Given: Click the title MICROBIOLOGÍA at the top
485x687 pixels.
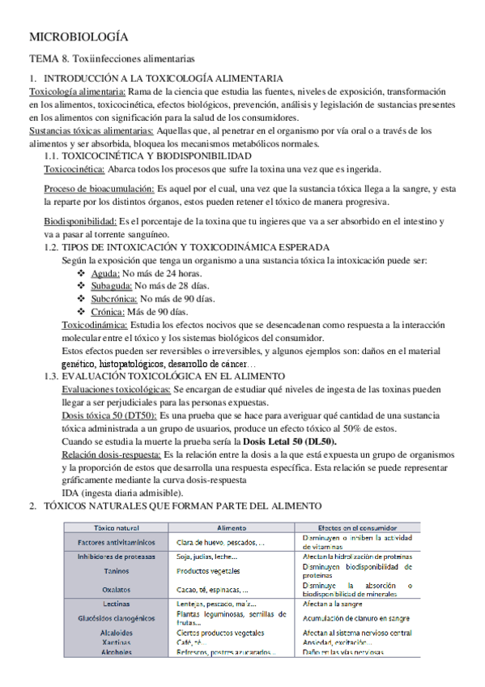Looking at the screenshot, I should (x=79, y=37).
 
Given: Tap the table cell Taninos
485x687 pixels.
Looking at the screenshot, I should (x=116, y=570).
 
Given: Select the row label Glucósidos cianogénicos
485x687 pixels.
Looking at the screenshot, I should (x=116, y=619).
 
